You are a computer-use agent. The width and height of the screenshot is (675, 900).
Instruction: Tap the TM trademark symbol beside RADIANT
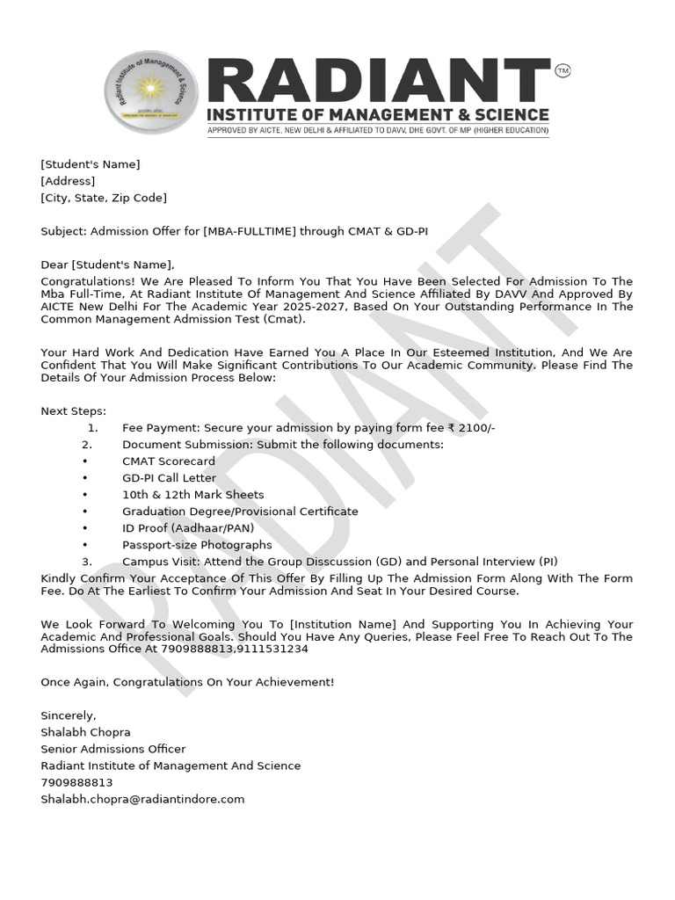563,70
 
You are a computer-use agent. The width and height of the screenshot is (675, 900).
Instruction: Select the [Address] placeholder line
68,181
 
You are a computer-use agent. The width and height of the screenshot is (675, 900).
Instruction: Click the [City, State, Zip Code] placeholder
104,198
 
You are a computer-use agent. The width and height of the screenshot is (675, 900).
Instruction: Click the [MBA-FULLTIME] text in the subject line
249,231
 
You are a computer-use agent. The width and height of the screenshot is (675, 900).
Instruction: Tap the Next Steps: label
73,410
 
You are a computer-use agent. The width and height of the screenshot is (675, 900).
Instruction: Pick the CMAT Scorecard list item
169,461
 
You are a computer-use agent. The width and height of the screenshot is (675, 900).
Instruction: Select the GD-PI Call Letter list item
169,478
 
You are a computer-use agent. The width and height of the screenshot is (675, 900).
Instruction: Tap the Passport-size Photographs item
197,545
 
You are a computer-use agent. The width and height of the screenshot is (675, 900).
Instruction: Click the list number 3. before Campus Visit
87,562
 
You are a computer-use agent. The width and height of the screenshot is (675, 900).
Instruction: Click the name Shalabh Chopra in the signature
85,732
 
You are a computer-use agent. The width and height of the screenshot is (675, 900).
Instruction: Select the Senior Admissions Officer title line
113,749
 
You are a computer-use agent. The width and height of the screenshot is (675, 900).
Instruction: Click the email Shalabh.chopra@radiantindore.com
142,799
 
